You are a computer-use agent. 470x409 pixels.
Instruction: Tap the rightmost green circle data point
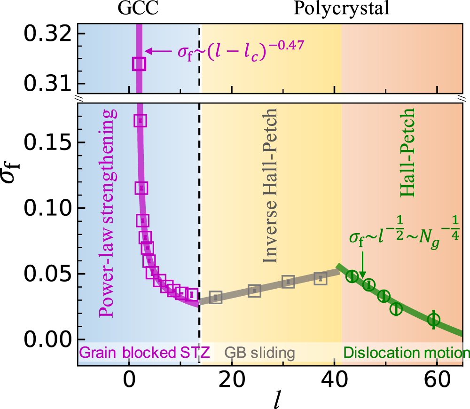click(433, 319)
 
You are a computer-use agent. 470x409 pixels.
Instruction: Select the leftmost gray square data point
click(215, 297)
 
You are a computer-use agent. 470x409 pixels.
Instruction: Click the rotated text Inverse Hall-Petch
click(271, 187)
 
